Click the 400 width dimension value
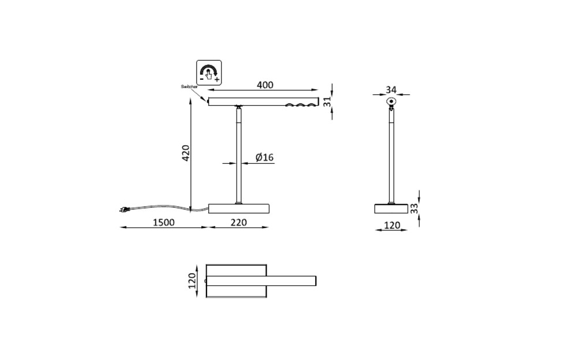[264, 85]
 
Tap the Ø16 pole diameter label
[264, 157]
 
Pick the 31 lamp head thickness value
[327, 101]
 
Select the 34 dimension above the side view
[391, 90]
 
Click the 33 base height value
[414, 208]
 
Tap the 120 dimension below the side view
[392, 225]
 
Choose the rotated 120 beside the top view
[193, 281]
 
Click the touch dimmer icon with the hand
[209, 72]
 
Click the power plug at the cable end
[124, 210]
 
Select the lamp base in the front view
[238, 208]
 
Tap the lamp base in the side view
[392, 208]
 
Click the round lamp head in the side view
[392, 102]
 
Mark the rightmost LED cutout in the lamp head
[311, 105]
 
